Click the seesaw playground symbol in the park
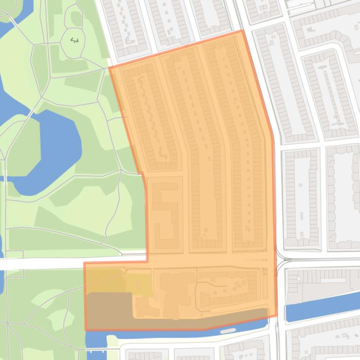tap(74, 41)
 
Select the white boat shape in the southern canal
tap(228, 331)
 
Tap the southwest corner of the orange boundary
tap(86, 330)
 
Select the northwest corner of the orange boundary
tap(109, 67)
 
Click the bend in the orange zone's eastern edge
tap(272, 138)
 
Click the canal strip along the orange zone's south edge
tap(187, 332)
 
